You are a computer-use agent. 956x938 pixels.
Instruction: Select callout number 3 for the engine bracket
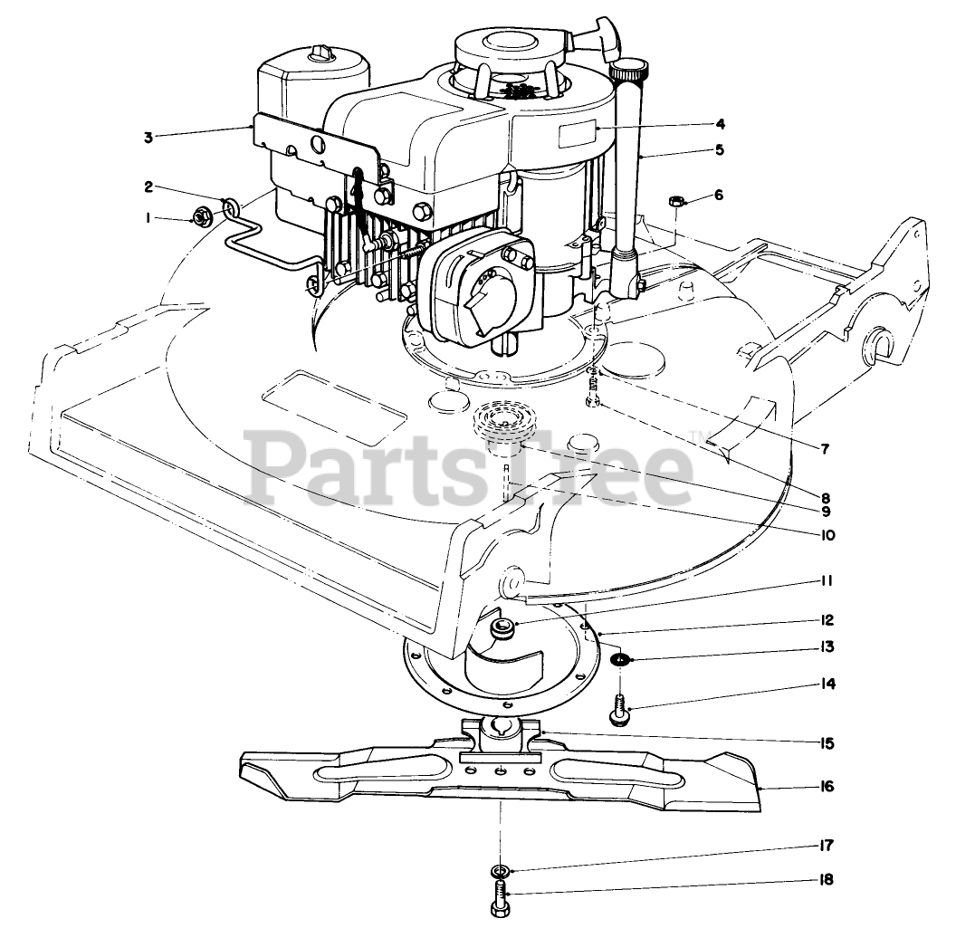tap(148, 137)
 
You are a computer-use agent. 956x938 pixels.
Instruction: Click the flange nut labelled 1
tap(200, 216)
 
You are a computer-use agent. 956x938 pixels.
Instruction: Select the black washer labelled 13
tap(618, 658)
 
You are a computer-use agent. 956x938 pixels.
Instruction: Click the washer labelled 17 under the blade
tap(499, 871)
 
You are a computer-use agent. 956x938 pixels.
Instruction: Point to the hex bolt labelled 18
tap(500, 899)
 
